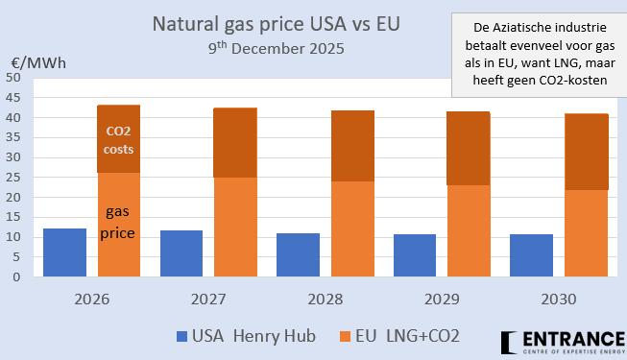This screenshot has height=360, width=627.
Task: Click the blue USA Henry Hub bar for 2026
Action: (x=64, y=252)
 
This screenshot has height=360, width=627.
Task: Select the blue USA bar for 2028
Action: (x=298, y=254)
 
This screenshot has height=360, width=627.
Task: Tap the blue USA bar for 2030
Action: (x=531, y=255)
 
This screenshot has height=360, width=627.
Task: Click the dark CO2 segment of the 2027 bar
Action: (x=235, y=142)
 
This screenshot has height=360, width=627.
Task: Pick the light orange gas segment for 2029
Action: (x=469, y=230)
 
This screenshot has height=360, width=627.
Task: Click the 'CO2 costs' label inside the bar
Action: (x=119, y=141)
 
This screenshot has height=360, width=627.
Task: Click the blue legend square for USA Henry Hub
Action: (x=183, y=337)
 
